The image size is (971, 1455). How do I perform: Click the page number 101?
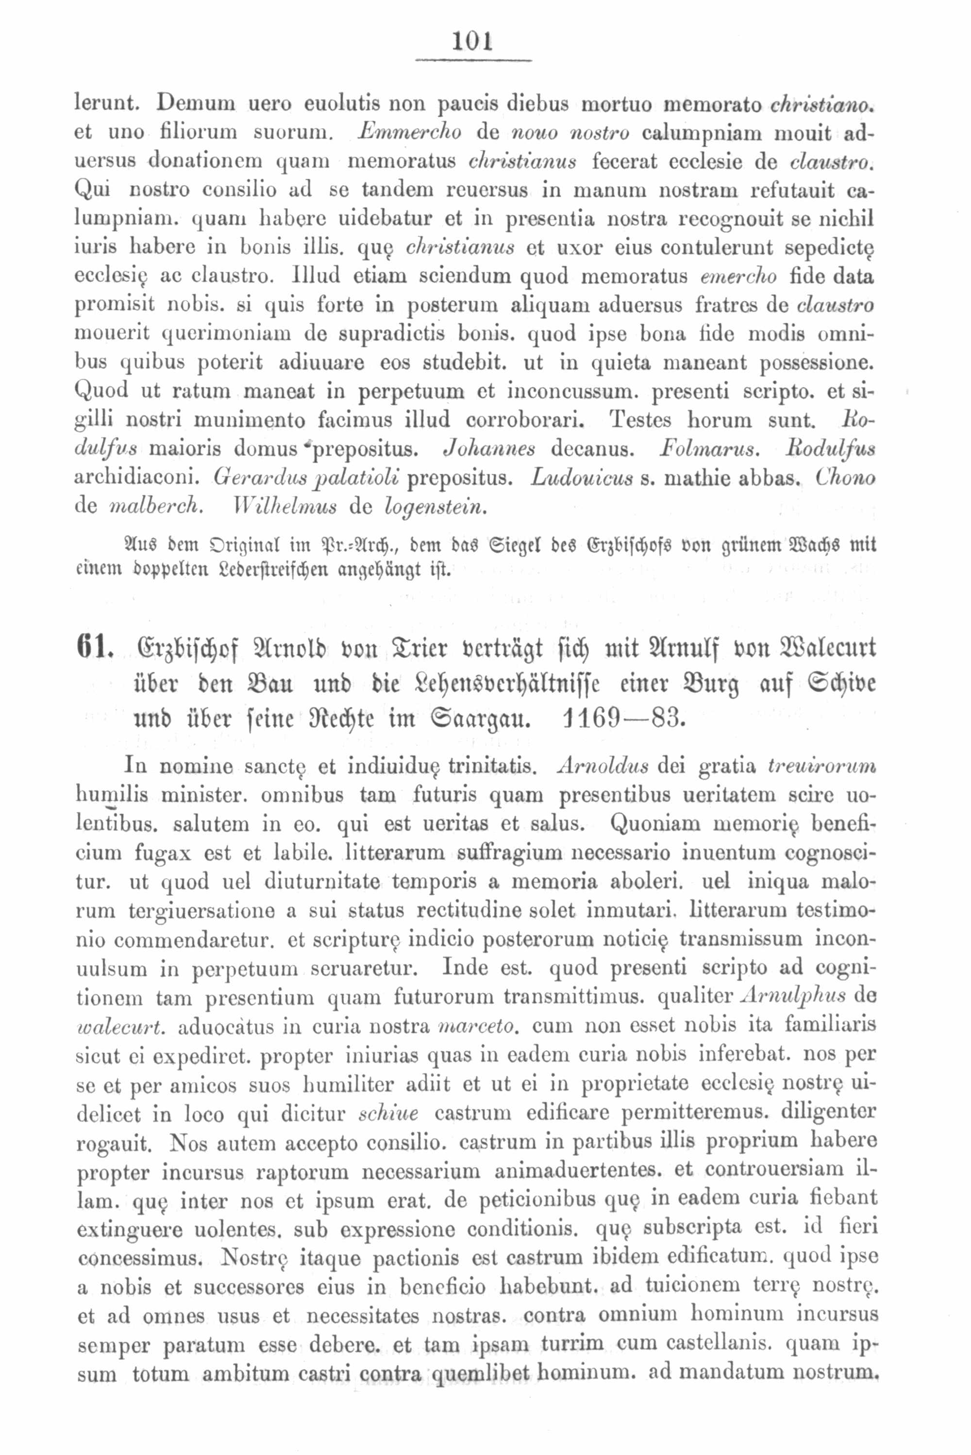point(472,42)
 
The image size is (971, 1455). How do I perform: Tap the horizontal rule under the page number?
point(472,60)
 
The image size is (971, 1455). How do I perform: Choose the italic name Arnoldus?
point(603,767)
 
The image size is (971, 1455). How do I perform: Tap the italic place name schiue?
point(389,1114)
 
